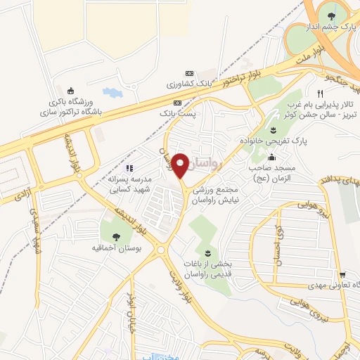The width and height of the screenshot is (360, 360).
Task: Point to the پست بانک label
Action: [x=176, y=112]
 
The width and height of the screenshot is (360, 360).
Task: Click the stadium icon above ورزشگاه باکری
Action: [x=70, y=90]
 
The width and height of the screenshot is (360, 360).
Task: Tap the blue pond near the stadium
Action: [x=111, y=91]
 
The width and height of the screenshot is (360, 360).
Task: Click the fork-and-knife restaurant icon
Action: [x=320, y=94]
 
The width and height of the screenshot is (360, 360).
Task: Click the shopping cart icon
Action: [x=342, y=275]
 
